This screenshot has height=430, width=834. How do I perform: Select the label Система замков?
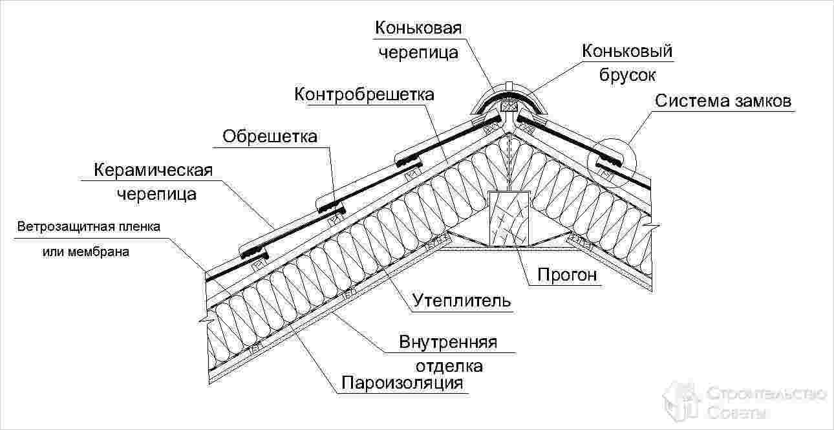point(723,102)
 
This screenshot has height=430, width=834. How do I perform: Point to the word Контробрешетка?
point(364,94)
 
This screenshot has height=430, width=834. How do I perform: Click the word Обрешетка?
point(270,136)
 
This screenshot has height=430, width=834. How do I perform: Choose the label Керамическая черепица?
point(154,182)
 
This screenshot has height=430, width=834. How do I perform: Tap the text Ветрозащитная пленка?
point(89,228)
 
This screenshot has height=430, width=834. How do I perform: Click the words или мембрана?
point(86,252)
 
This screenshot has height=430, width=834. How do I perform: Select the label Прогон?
point(566,275)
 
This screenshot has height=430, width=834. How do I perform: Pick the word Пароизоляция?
point(403,383)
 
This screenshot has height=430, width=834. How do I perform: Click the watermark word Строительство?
point(767,393)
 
